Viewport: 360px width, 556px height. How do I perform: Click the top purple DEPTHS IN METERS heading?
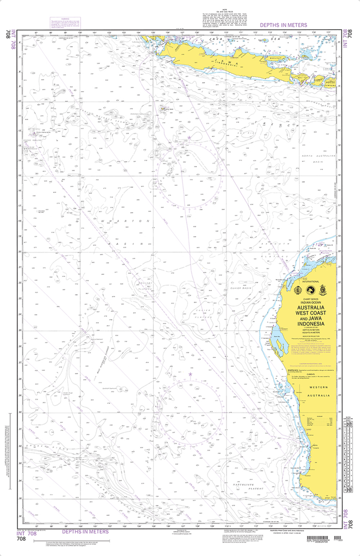coord(283,25)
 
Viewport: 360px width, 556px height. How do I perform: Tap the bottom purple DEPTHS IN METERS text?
coord(85,532)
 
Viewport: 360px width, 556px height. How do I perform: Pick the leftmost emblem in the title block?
coord(298,290)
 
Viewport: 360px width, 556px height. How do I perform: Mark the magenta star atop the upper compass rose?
coord(190,139)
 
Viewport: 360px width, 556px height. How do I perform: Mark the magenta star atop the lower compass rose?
coord(190,374)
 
